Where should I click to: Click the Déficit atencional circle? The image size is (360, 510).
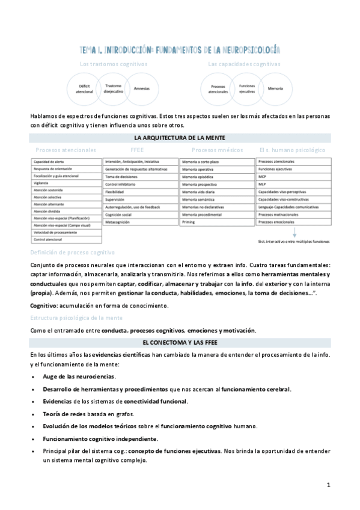[84, 90]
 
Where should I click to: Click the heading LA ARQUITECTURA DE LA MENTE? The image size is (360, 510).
[180, 138]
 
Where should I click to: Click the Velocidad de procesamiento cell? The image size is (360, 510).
[55, 232]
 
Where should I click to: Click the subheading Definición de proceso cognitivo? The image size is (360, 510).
[72, 253]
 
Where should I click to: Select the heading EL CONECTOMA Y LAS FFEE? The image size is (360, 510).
[180, 342]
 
